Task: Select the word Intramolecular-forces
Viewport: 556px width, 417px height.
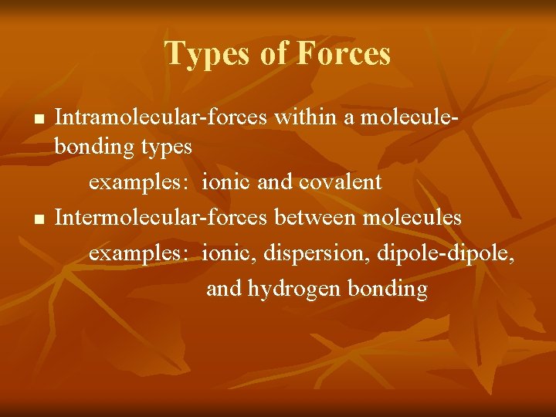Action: (161, 117)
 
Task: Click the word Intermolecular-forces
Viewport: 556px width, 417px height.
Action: (160, 218)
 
